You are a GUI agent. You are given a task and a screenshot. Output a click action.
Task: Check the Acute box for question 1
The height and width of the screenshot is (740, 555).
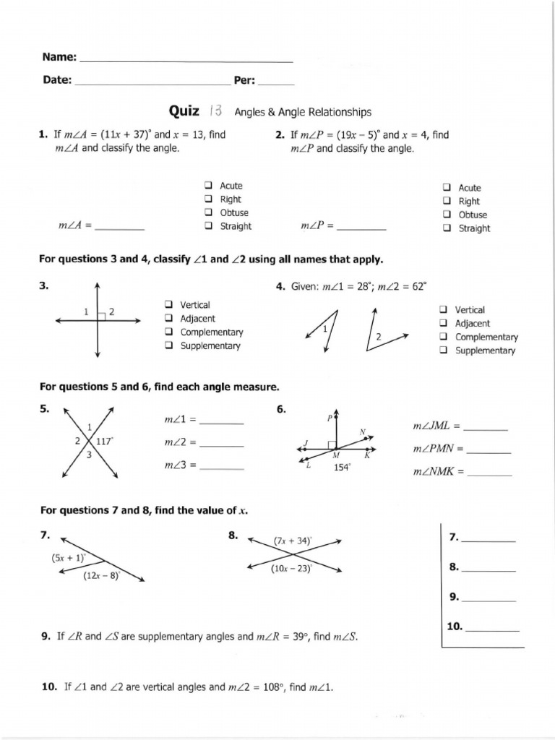pyautogui.click(x=208, y=186)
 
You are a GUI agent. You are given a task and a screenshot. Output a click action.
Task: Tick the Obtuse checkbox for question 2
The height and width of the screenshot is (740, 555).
pyautogui.click(x=447, y=215)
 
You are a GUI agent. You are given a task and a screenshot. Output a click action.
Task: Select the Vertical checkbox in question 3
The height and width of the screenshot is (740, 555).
pyautogui.click(x=168, y=305)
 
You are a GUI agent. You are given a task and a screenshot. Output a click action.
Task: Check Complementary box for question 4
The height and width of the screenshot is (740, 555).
pyautogui.click(x=443, y=337)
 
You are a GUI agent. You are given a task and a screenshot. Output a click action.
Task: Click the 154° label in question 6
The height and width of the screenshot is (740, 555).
pyautogui.click(x=341, y=468)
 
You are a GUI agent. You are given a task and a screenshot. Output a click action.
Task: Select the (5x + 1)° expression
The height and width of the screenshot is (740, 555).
pyautogui.click(x=69, y=558)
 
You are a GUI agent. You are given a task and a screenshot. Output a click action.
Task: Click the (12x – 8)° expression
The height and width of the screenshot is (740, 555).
pyautogui.click(x=101, y=575)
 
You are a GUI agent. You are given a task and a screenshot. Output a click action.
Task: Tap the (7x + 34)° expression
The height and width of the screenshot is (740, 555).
pyautogui.click(x=293, y=541)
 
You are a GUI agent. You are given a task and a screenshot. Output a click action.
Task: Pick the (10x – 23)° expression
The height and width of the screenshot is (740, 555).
pyautogui.click(x=291, y=569)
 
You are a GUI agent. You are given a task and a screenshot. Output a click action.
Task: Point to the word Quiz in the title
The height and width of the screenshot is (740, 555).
pyautogui.click(x=184, y=111)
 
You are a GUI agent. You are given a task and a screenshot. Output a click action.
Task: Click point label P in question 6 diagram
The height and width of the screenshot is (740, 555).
pyautogui.click(x=330, y=418)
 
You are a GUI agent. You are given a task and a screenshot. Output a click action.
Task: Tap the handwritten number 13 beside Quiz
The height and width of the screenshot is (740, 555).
pyautogui.click(x=215, y=111)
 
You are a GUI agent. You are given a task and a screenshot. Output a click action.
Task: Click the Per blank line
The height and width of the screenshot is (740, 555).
pyautogui.click(x=275, y=82)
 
